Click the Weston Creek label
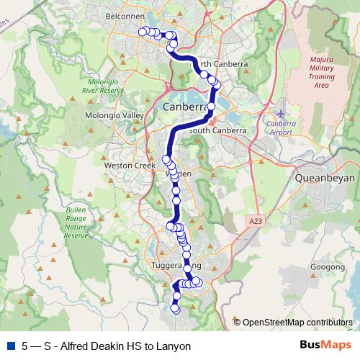tap(130, 166)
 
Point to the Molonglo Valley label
tap(114, 115)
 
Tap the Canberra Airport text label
tap(281, 127)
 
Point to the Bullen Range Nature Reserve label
tap(76, 221)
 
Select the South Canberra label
tap(217, 131)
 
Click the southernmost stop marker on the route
tap(174, 310)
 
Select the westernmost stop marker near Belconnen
tap(143, 30)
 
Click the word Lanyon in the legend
tap(174, 346)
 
